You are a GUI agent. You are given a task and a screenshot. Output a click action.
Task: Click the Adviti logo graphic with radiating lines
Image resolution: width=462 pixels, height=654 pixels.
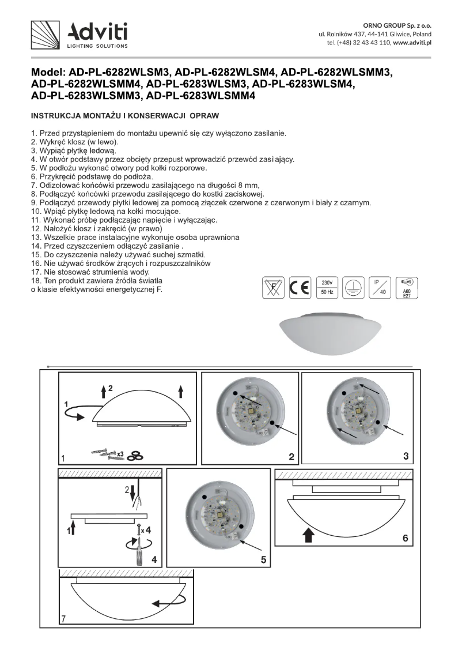46,35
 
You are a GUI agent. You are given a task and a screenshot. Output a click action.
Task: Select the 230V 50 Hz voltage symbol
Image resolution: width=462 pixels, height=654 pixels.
327,287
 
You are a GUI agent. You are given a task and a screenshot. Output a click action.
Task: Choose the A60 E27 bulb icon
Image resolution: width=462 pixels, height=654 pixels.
406,287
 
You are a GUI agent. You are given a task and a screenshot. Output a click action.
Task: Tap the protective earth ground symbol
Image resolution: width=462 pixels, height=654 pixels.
352,287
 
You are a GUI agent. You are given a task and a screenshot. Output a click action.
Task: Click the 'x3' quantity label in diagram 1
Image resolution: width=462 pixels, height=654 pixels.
121,454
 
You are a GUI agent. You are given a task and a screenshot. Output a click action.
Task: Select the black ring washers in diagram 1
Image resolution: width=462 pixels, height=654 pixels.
136,456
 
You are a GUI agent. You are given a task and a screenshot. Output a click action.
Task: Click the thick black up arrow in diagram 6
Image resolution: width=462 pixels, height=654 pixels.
308,536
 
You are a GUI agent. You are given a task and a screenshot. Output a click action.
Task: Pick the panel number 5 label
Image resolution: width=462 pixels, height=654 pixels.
263,559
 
